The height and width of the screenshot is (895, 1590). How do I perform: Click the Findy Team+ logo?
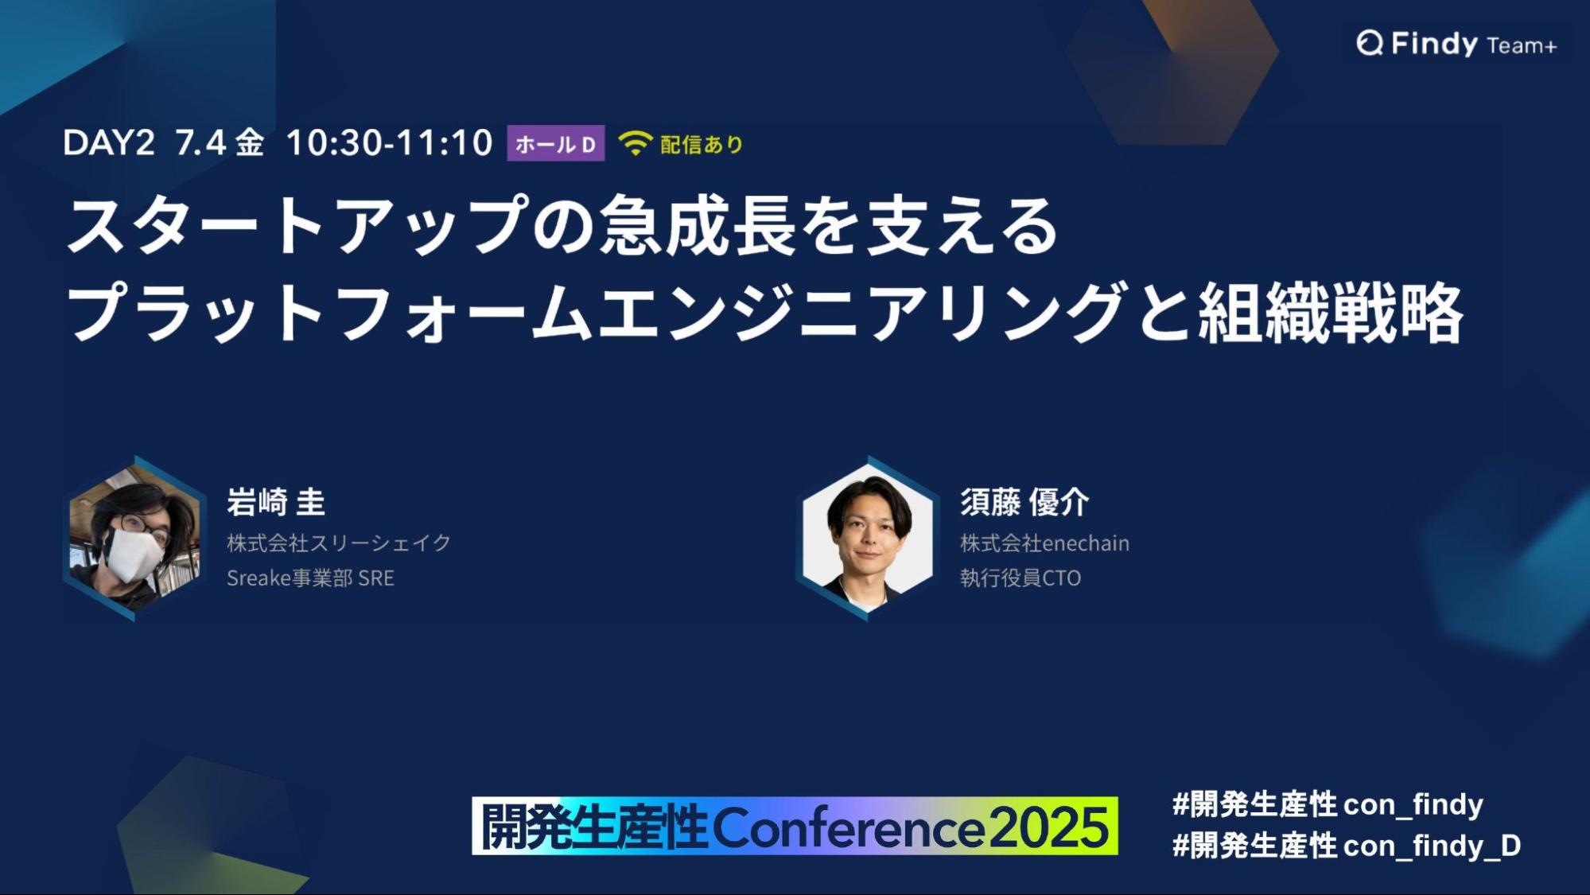(1456, 44)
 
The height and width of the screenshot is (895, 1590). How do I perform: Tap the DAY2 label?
(108, 143)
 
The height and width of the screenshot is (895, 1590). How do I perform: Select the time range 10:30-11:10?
(389, 143)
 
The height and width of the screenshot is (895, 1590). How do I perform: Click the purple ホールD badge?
(555, 144)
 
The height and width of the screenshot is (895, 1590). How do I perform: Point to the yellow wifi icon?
(635, 143)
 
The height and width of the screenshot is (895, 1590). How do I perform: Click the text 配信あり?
(702, 144)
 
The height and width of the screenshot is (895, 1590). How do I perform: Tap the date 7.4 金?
(220, 143)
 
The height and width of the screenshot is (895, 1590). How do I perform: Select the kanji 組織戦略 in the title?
(1331, 313)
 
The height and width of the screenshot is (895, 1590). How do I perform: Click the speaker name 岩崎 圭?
(276, 502)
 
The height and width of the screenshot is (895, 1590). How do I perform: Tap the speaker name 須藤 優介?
(1024, 502)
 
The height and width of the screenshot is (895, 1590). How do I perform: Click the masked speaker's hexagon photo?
(134, 539)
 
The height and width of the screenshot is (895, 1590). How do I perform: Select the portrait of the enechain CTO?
(868, 539)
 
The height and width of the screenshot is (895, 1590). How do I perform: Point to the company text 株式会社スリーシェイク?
(339, 543)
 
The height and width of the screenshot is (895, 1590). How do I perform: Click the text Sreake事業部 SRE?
(310, 578)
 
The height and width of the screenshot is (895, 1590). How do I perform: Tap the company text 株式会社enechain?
(1044, 543)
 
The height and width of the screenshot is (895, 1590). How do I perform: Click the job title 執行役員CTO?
(1020, 578)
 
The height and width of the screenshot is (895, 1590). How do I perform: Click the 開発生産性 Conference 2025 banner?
(795, 826)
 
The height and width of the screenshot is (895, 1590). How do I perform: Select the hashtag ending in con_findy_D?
(1347, 846)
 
